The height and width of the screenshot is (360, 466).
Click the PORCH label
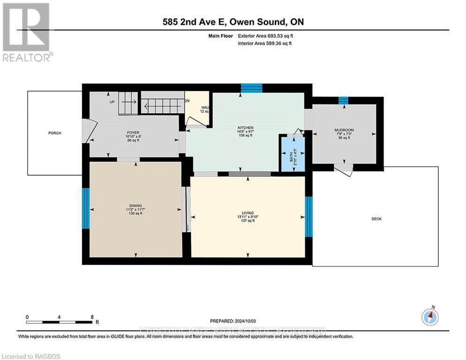55,133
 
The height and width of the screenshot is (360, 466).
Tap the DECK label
376,218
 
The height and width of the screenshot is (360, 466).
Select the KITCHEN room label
245,127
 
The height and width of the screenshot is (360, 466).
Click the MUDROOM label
344,130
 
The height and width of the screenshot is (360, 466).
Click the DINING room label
135,205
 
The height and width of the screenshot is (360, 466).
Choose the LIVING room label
245,213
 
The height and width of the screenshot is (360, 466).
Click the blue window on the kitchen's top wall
251,88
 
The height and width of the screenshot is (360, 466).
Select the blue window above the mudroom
344,100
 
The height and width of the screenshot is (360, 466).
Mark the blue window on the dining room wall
86,208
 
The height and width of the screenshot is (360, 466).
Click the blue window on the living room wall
308,217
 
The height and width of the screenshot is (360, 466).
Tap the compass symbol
430,317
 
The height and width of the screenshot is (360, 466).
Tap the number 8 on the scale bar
91,317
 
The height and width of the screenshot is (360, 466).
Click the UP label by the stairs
112,102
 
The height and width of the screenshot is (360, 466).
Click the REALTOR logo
27,32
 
